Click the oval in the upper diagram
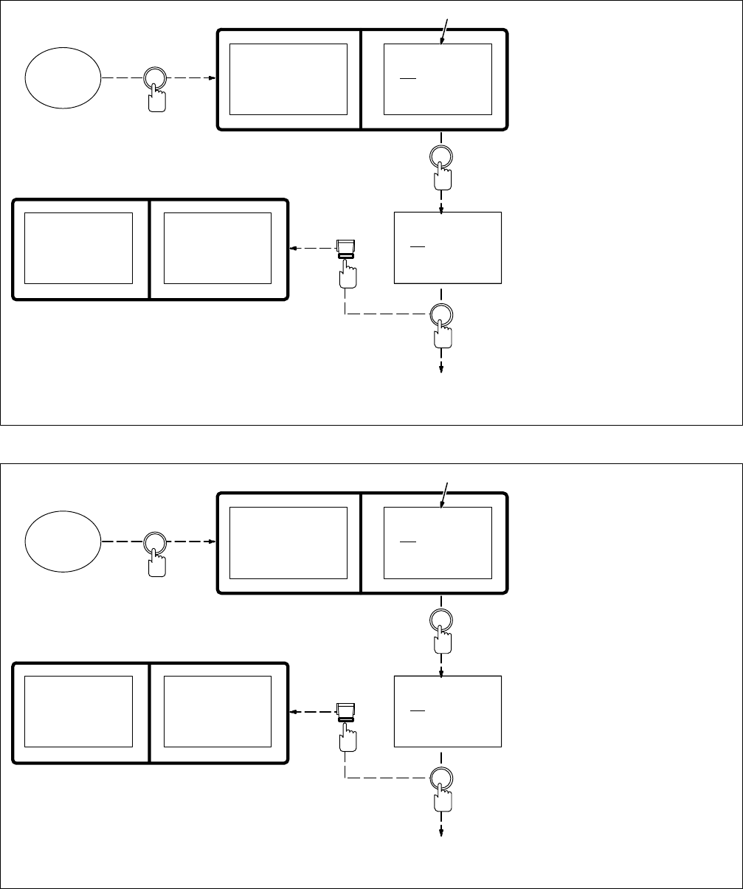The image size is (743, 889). pyautogui.click(x=63, y=77)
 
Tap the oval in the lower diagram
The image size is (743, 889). pyautogui.click(x=63, y=542)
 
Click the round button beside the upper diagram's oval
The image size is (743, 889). pyautogui.click(x=154, y=78)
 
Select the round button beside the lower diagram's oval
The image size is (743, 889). pyautogui.click(x=154, y=542)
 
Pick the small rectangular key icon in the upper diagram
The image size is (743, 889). pyautogui.click(x=346, y=248)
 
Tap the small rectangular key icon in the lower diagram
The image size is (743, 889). pyautogui.click(x=346, y=712)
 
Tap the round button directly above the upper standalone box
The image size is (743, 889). pyautogui.click(x=441, y=156)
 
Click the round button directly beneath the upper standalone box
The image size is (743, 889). pyautogui.click(x=441, y=315)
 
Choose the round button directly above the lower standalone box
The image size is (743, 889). pyautogui.click(x=441, y=620)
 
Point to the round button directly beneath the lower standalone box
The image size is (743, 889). pyautogui.click(x=441, y=779)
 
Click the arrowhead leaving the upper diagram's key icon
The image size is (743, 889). pyautogui.click(x=293, y=249)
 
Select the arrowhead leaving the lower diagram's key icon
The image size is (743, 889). pyautogui.click(x=293, y=713)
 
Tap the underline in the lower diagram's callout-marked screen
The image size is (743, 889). pyautogui.click(x=408, y=542)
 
